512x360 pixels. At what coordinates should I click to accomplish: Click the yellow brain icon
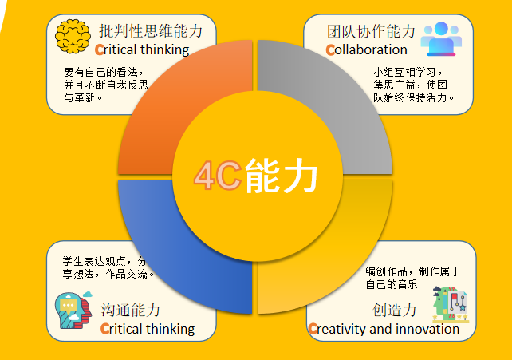click(73, 36)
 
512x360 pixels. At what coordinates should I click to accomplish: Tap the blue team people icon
click(441, 38)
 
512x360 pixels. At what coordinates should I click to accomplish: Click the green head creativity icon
click(451, 304)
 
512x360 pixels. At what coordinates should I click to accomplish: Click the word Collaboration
click(366, 49)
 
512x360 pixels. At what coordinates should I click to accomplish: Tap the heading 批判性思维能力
click(151, 31)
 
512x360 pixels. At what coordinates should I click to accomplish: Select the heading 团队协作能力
click(371, 31)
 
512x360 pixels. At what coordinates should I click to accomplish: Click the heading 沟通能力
click(130, 310)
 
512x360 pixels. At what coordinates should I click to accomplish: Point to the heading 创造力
click(395, 310)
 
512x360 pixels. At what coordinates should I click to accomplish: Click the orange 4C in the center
click(218, 176)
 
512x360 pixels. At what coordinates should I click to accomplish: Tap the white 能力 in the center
click(282, 176)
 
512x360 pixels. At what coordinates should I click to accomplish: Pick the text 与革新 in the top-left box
click(79, 97)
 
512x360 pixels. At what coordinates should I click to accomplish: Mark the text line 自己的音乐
click(392, 284)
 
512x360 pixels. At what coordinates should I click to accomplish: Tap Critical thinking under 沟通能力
click(148, 329)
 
